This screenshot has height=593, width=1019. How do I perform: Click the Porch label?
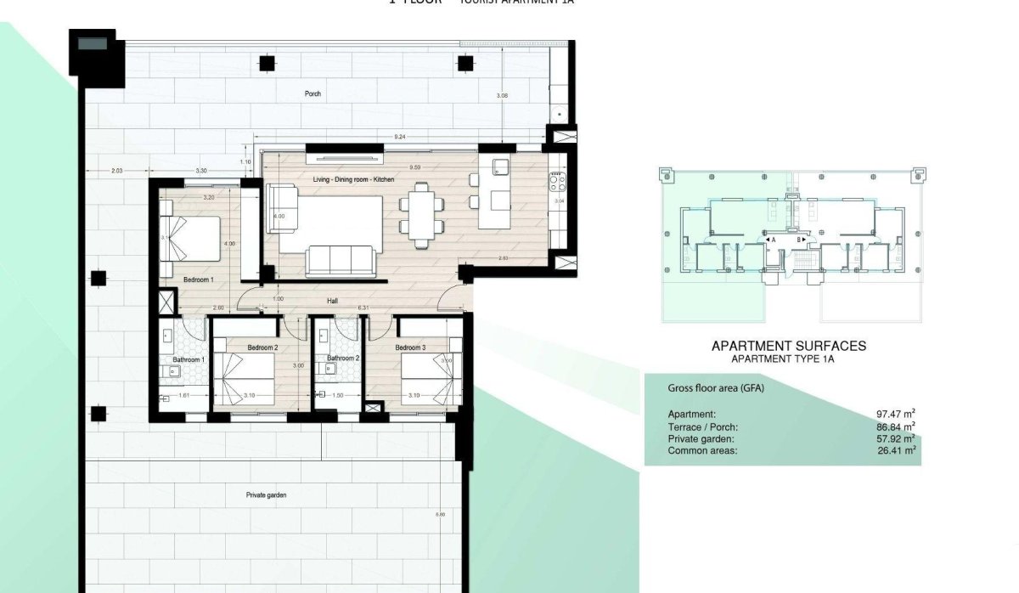coord(313,93)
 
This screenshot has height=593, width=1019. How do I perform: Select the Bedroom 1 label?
coord(198,279)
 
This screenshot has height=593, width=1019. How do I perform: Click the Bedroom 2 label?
coord(263,347)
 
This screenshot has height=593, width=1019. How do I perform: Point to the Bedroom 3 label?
coord(410,347)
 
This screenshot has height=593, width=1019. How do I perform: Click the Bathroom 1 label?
coord(188,359)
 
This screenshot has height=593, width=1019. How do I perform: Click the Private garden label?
coord(266,494)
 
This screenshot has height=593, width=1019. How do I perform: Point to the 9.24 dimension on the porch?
coord(399,136)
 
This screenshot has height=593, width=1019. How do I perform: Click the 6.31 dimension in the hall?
coord(363,308)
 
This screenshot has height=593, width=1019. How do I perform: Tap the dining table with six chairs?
coord(422,216)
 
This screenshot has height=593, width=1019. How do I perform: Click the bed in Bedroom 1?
coord(193,237)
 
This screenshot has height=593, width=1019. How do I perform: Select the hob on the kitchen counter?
coord(557,180)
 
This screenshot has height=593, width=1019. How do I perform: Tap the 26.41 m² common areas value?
coord(898,450)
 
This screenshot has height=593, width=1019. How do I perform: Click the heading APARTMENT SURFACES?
coord(788,346)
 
